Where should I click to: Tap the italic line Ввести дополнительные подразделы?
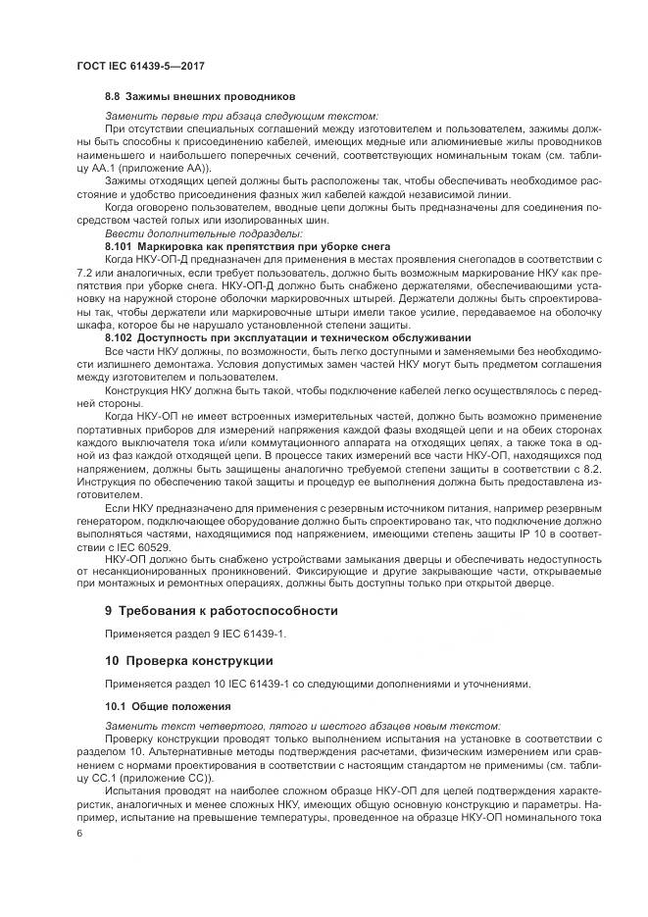[204, 232]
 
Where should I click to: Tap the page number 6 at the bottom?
[80, 831]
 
